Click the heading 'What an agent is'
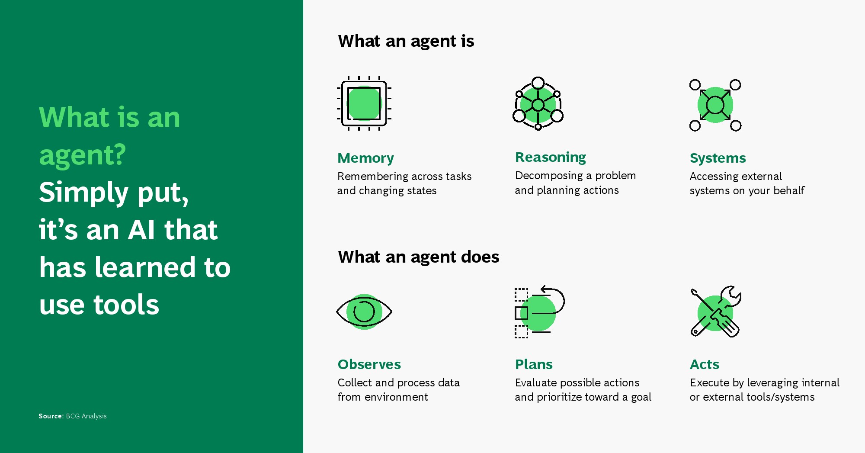[406, 42]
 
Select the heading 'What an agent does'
[419, 257]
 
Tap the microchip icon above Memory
[364, 103]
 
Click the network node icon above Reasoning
[538, 103]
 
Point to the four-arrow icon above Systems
[715, 105]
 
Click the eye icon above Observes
[364, 312]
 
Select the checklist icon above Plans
[540, 312]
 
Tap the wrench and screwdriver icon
[716, 312]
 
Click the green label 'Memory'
[365, 158]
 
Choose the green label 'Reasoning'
[551, 157]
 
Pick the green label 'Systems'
[718, 158]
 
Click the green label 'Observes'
[369, 364]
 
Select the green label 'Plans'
[534, 364]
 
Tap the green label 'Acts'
[705, 364]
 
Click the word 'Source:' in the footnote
[51, 416]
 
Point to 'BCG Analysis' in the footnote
[86, 416]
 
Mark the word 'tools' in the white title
[126, 305]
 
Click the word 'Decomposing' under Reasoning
[549, 176]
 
